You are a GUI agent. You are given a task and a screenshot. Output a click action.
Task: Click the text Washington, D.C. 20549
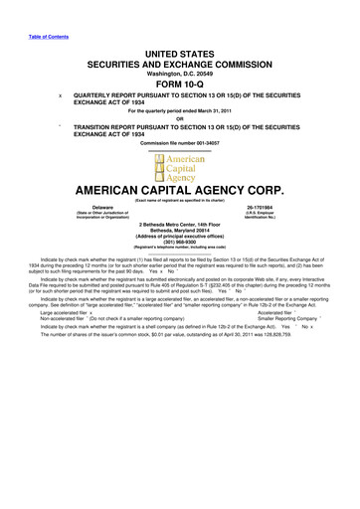pyautogui.click(x=180, y=72)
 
